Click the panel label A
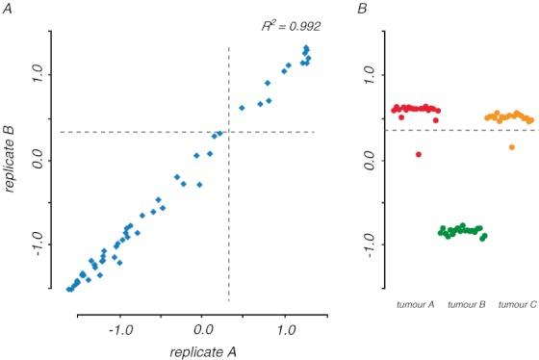[6, 9]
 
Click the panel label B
[361, 9]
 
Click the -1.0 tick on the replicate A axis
[120, 329]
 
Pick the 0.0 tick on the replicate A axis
[201, 329]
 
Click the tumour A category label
[415, 304]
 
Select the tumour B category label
[466, 304]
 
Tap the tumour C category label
[517, 304]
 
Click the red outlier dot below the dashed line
[419, 154]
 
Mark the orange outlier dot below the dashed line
[512, 147]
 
